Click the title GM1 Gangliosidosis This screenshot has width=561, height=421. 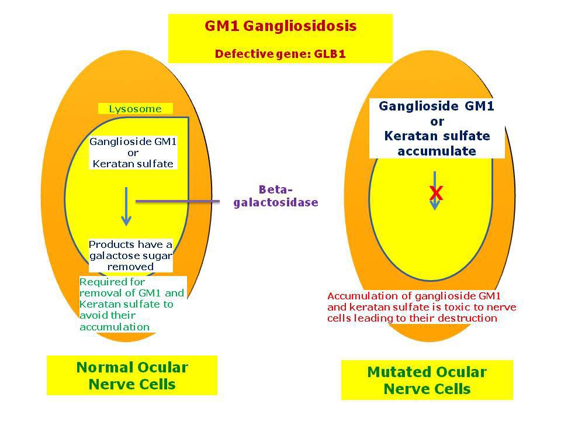(280, 26)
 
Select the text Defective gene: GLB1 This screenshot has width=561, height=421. (280, 54)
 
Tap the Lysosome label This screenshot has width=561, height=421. (135, 109)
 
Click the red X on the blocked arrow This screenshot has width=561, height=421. (436, 194)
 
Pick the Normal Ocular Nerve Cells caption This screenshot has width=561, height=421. (132, 375)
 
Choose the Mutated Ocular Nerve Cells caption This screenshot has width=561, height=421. (427, 380)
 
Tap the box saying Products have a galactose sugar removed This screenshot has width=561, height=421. (130, 256)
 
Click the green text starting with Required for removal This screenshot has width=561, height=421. (132, 304)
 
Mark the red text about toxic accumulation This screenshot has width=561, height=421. (421, 307)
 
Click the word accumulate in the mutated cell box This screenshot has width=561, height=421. (437, 151)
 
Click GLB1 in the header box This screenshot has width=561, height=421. (330, 54)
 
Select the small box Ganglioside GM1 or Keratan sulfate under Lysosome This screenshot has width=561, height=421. (133, 153)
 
